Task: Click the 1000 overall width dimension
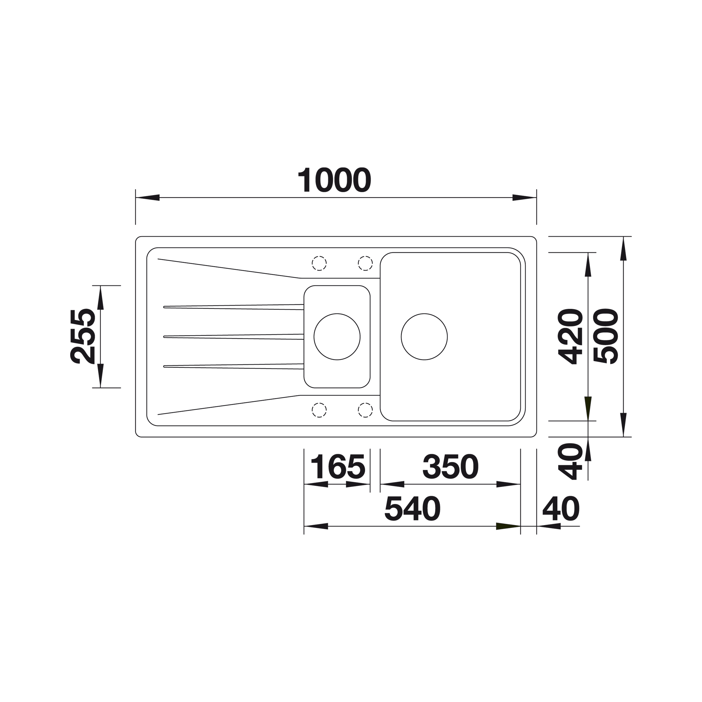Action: (334, 180)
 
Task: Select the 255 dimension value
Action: (82, 336)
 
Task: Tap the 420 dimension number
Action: (570, 336)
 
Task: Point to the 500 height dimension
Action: (606, 336)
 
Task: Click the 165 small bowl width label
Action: (338, 467)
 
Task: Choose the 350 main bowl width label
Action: (451, 467)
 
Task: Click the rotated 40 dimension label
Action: (570, 462)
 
